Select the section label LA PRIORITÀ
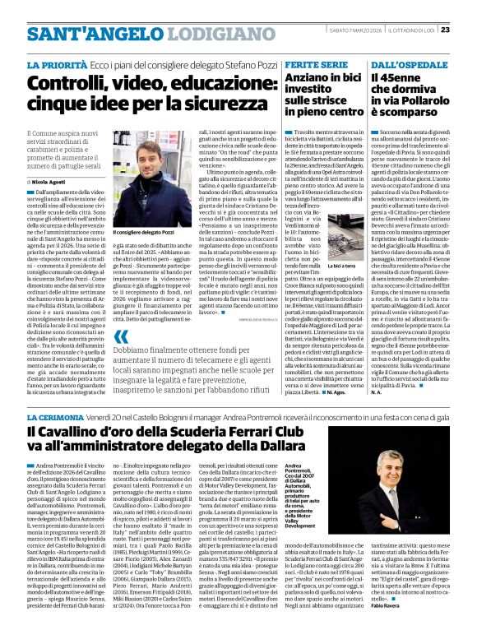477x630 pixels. pos(57,63)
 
